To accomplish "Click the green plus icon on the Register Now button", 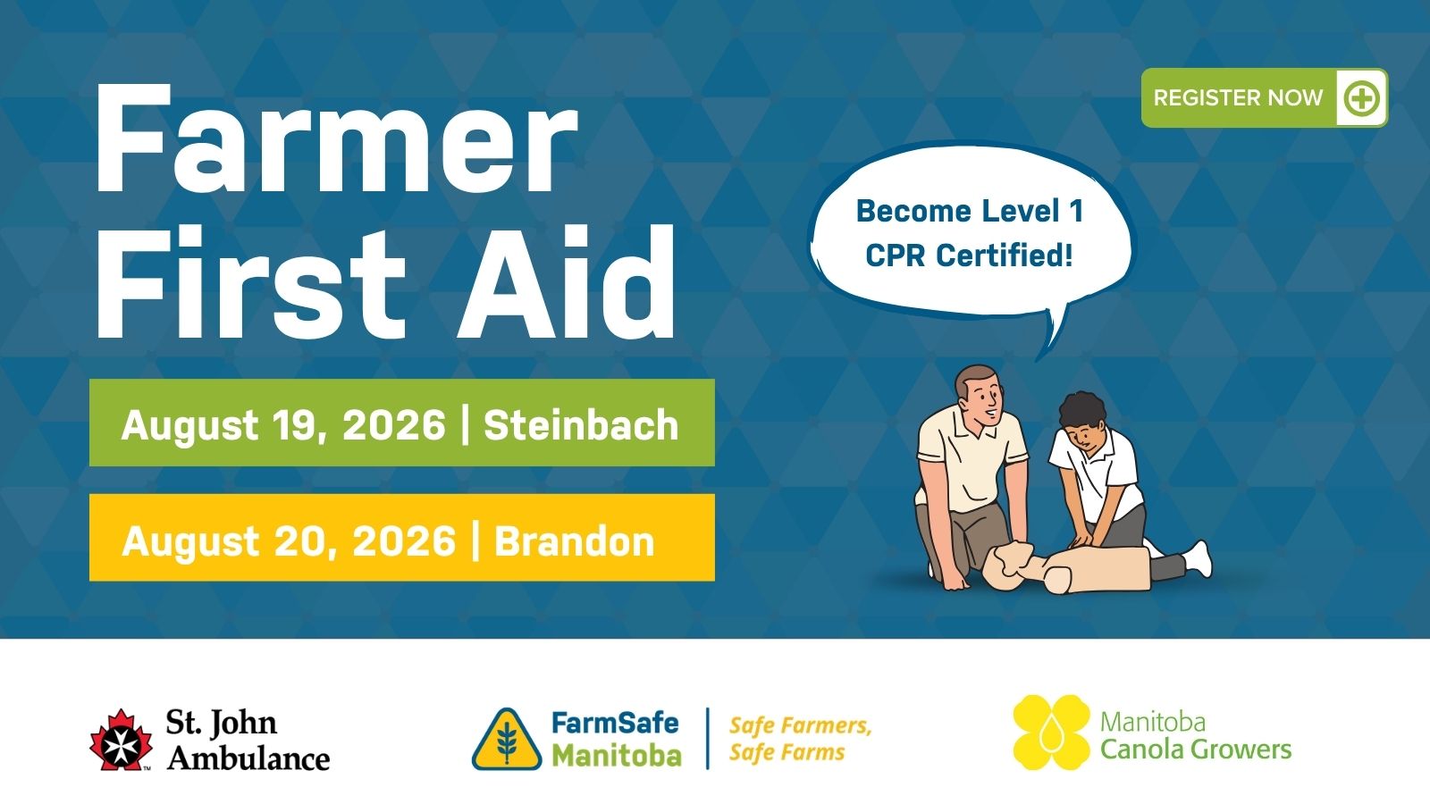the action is [1361, 98].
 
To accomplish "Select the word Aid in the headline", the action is [567, 281].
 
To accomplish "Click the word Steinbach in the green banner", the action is [580, 424].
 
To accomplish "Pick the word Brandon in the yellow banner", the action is [575, 541].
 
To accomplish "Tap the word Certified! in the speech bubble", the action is [1005, 255].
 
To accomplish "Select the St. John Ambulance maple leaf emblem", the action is [121, 741].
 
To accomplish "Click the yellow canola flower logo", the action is [1051, 732].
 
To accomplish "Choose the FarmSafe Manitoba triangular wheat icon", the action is [507, 740].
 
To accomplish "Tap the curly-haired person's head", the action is [1081, 419].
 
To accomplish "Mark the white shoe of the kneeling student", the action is [1197, 557].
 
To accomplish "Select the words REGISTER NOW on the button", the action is [1238, 98].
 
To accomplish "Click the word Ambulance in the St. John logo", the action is [248, 758].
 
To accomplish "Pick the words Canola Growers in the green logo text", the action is [1196, 750].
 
